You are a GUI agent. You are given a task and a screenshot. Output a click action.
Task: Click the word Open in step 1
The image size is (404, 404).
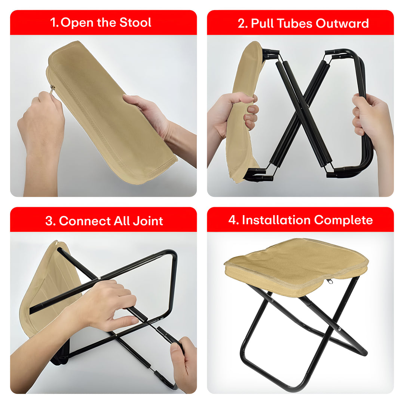click(x=77, y=23)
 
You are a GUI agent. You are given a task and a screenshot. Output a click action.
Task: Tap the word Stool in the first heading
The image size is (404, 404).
click(x=135, y=22)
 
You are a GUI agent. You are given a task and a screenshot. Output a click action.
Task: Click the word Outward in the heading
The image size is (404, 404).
click(x=342, y=24)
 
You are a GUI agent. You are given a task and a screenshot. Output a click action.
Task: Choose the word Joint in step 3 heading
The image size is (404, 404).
click(x=148, y=221)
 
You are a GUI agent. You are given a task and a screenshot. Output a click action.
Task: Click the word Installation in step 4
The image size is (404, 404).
click(x=276, y=220)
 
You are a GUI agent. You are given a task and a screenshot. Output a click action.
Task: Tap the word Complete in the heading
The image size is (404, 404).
click(x=343, y=220)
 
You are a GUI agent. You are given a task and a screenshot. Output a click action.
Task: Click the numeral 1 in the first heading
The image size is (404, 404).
click(x=53, y=23)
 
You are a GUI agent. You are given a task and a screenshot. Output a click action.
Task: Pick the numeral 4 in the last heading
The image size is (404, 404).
click(x=232, y=220)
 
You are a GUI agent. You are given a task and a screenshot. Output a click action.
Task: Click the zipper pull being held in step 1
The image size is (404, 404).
click(x=52, y=89)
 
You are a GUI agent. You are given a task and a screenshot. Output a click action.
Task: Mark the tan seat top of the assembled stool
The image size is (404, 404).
click(x=296, y=260)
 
